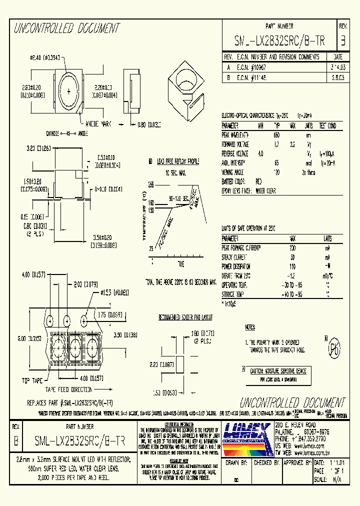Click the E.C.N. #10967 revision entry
click(x=250, y=66)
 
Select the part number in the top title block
click(x=279, y=41)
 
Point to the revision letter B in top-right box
click(x=342, y=40)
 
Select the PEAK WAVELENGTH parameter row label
click(x=235, y=135)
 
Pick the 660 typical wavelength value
click(x=276, y=135)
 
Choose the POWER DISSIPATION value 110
click(x=292, y=266)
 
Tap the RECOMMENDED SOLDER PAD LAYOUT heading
click(x=185, y=317)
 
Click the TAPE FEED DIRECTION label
click(x=69, y=389)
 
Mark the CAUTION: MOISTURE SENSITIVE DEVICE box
click(x=277, y=370)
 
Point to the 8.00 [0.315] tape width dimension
click(x=15, y=338)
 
